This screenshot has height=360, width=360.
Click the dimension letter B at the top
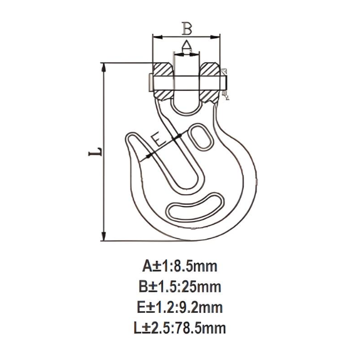click(x=187, y=27)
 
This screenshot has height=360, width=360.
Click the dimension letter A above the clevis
click(x=186, y=45)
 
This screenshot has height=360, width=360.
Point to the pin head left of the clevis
click(x=150, y=82)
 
